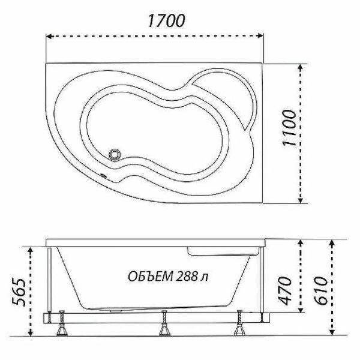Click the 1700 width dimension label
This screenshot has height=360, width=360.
click(x=166, y=20)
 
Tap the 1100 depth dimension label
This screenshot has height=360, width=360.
click(x=289, y=128)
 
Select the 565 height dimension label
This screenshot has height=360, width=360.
click(x=19, y=292)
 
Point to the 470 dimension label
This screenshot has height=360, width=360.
click(x=284, y=291)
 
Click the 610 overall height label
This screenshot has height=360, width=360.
click(x=320, y=290)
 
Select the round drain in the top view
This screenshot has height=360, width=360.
click(x=115, y=155)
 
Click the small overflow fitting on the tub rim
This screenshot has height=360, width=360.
click(x=103, y=176)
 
